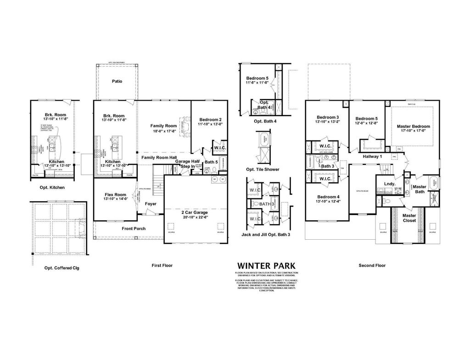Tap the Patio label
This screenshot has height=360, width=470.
click(117, 81)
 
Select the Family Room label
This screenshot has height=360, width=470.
click(164, 125)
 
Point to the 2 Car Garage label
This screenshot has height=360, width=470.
click(195, 213)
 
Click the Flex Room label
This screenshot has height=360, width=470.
click(115, 194)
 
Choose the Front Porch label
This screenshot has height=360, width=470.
click(134, 228)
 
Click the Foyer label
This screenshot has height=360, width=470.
click(151, 203)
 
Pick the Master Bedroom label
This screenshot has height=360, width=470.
click(415, 126)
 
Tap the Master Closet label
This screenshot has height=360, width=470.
click(409, 218)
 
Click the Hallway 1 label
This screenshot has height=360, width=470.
click(372, 157)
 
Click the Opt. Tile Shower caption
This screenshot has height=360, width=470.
click(263, 169)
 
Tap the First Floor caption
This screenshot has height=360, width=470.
click(162, 265)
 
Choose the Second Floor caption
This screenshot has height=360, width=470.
click(372, 265)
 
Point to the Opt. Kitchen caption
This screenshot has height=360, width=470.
click(51, 187)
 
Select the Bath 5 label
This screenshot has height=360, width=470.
click(211, 162)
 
